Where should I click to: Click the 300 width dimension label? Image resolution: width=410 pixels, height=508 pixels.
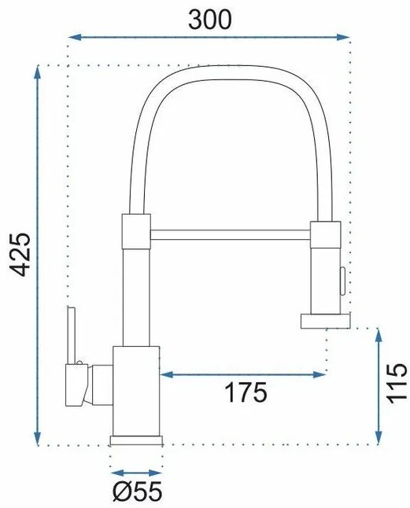coord(209,20)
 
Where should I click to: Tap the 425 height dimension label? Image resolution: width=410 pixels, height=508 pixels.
coord(20,255)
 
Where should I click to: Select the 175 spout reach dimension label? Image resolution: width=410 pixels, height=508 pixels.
coord(246,392)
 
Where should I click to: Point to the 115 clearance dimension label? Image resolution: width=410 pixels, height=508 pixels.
coord(397,384)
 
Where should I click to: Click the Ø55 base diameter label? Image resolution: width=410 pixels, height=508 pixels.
coord(137,491)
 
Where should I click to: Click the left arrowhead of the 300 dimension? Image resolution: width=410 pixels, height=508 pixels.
coord(75,37)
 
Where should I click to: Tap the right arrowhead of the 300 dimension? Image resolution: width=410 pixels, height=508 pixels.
coord(343,37)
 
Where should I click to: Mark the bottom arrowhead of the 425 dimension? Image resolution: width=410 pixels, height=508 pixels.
coord(38,440)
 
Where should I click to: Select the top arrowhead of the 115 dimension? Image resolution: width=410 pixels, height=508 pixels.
coord(379,334)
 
